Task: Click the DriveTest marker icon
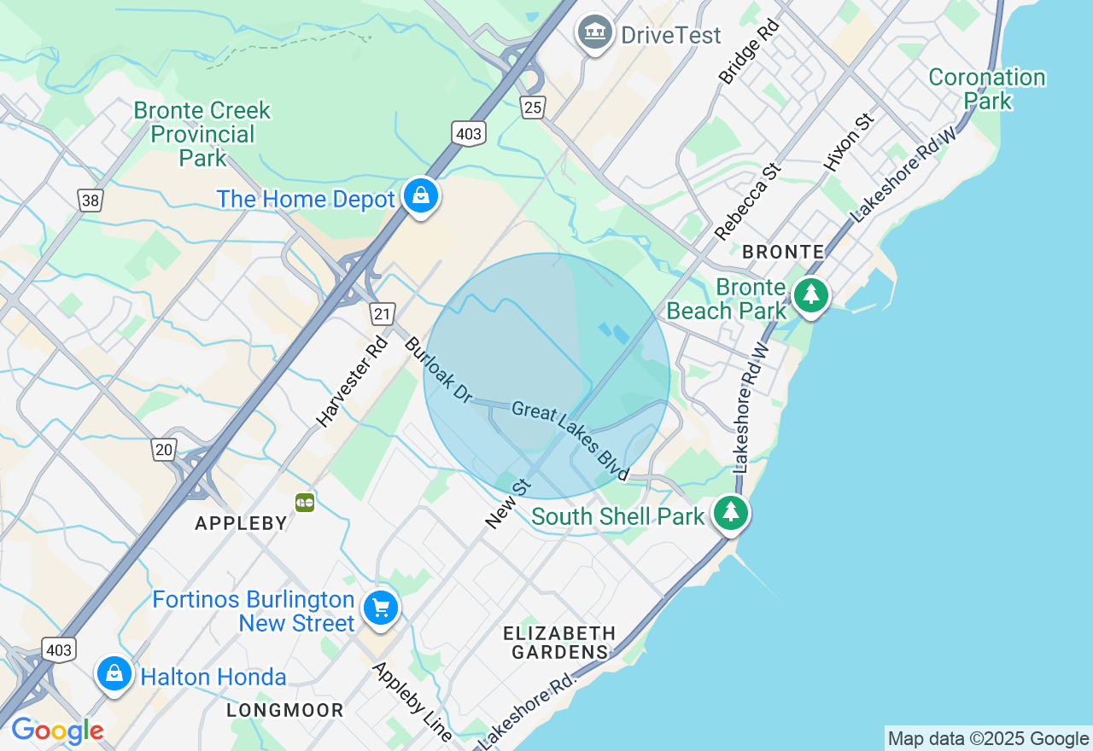(x=594, y=33)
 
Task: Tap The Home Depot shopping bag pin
(x=420, y=195)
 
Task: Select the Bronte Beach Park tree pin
(x=810, y=295)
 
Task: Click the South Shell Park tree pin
(x=730, y=513)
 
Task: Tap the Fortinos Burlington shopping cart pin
(x=381, y=608)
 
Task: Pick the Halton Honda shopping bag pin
(x=114, y=674)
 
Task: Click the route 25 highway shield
(x=533, y=107)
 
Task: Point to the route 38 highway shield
(x=91, y=201)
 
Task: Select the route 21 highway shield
(x=382, y=314)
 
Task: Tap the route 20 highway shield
(x=164, y=449)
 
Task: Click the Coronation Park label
(x=987, y=89)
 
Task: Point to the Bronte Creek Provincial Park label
(x=202, y=134)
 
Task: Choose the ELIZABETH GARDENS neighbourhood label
(x=559, y=643)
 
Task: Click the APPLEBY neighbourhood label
(x=241, y=523)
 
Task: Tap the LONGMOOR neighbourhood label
(x=285, y=710)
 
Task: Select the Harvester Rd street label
(x=352, y=381)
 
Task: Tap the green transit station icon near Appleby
(x=305, y=503)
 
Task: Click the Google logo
(x=57, y=731)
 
